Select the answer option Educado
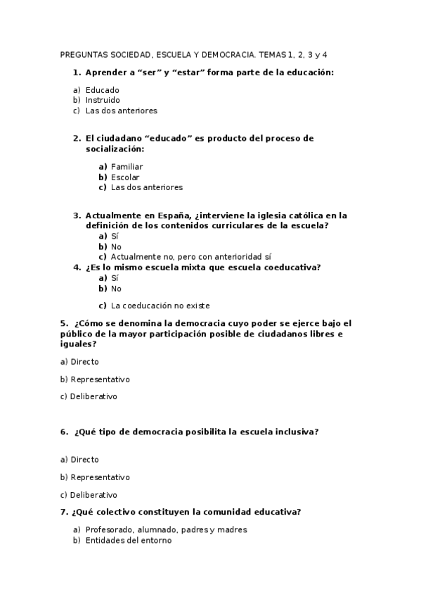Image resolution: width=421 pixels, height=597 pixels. [103, 90]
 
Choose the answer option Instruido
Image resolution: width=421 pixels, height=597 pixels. [103, 100]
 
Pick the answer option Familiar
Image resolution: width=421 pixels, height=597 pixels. [127, 167]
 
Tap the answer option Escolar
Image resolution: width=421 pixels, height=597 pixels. [125, 177]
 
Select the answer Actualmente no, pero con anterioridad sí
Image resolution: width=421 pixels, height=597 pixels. [191, 257]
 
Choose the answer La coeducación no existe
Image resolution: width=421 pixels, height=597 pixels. [160, 306]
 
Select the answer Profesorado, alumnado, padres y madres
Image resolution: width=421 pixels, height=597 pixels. [166, 529]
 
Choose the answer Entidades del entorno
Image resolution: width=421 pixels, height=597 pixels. [128, 540]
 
